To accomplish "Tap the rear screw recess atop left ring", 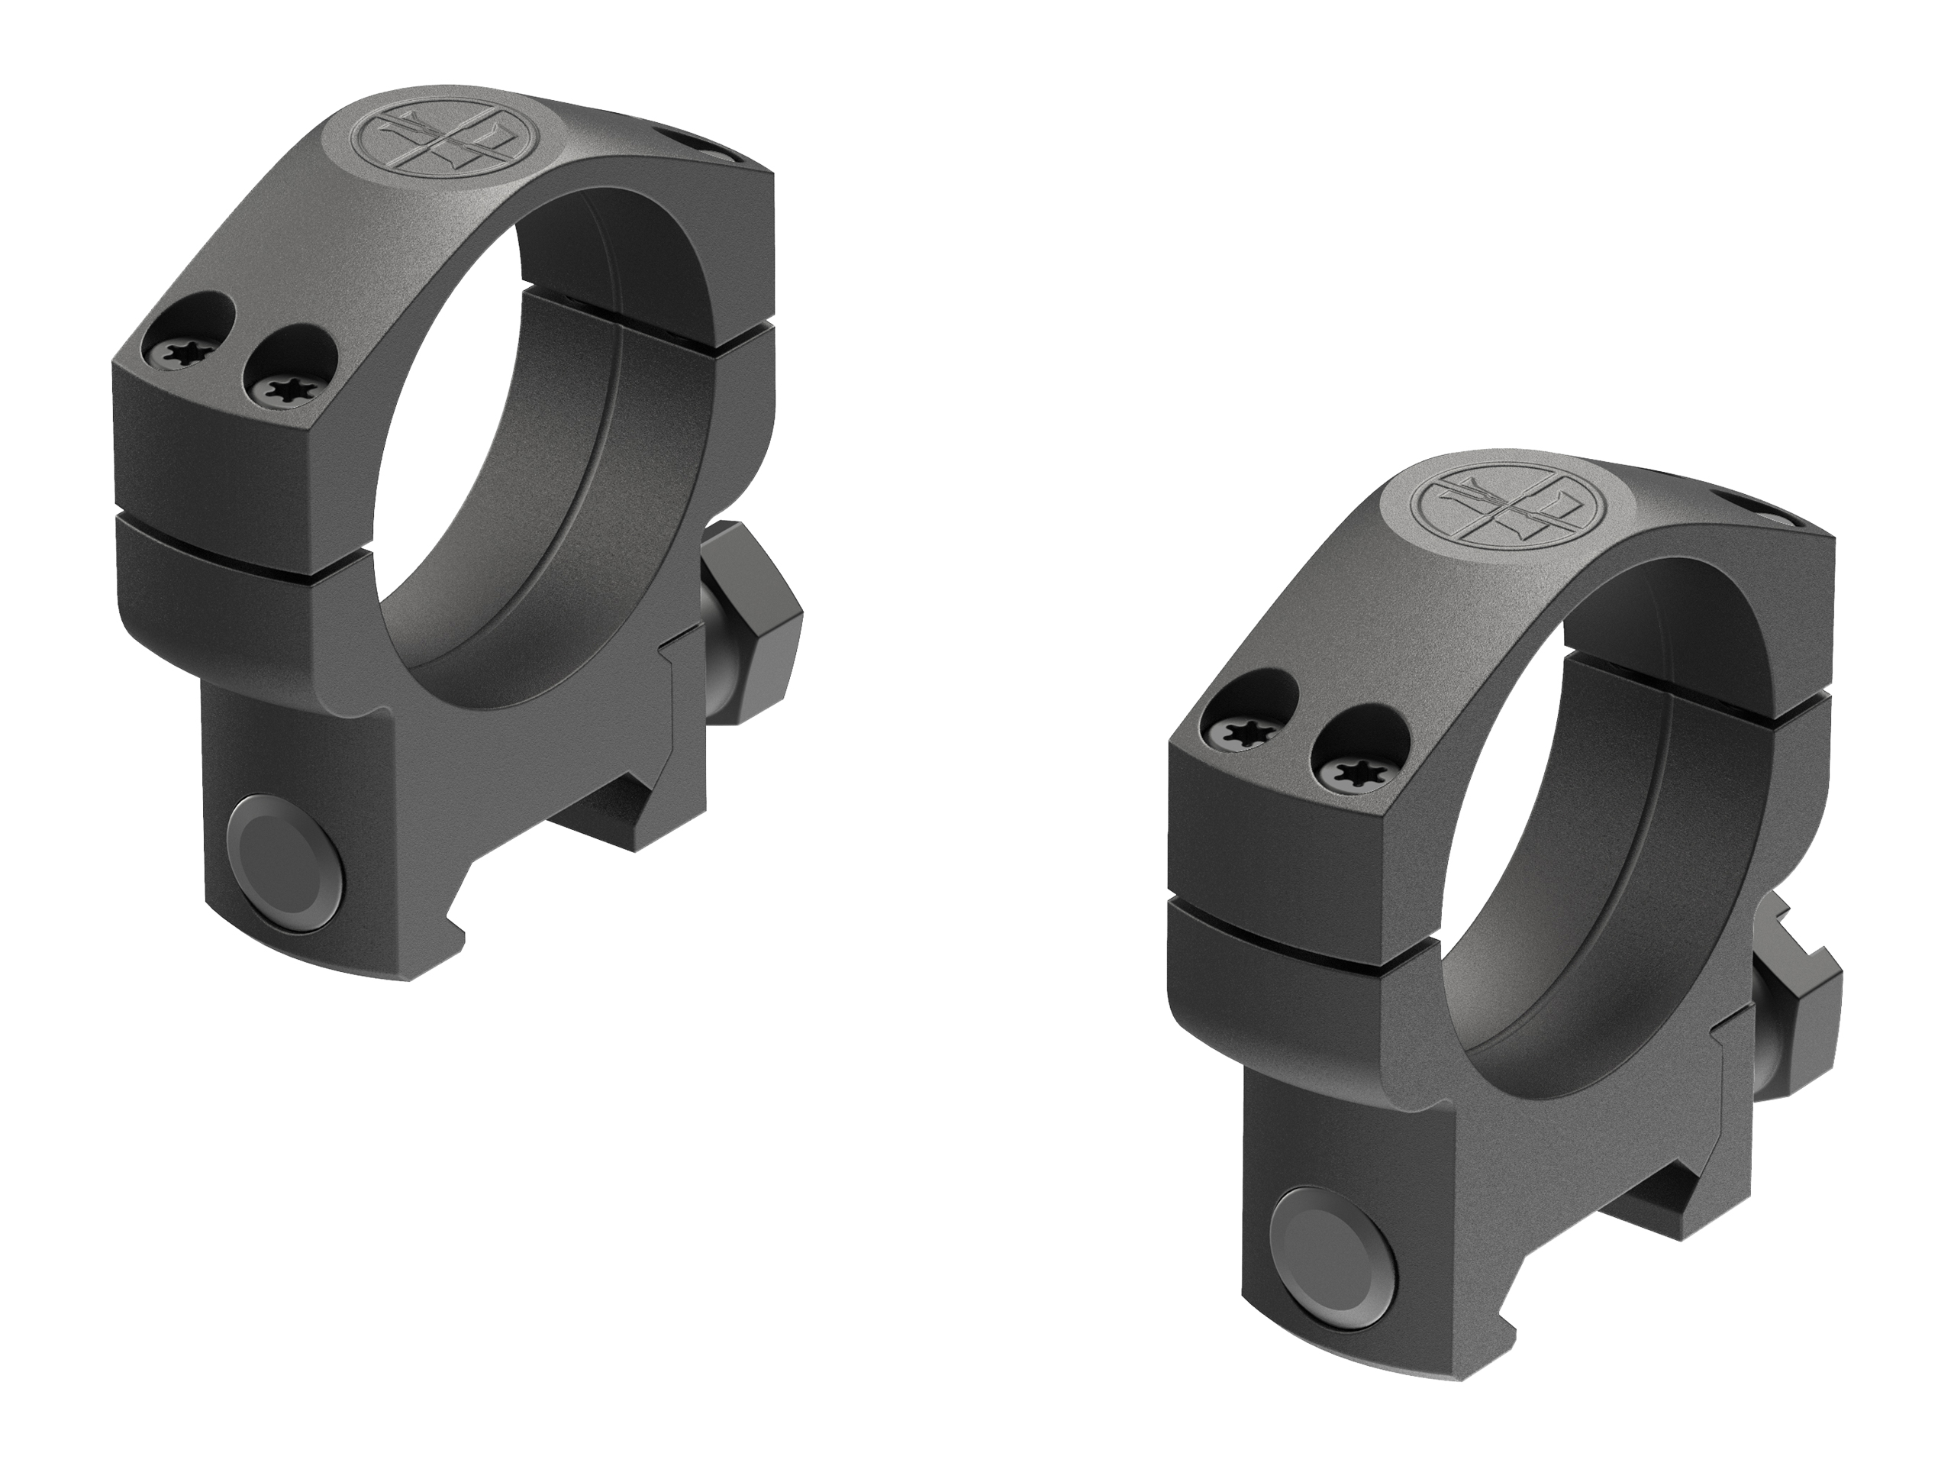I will [x=698, y=147].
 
